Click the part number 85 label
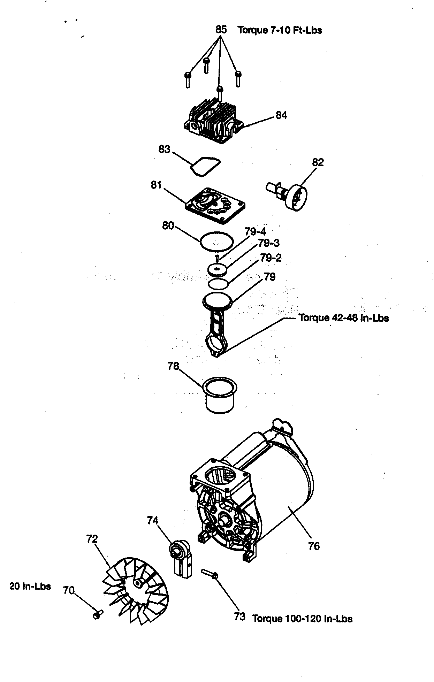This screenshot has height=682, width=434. [x=221, y=29]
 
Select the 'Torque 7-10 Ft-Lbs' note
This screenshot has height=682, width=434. [x=280, y=30]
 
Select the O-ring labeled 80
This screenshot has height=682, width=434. [x=216, y=241]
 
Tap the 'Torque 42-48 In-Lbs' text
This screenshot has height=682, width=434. [x=343, y=318]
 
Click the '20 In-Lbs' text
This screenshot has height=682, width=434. [x=31, y=587]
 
